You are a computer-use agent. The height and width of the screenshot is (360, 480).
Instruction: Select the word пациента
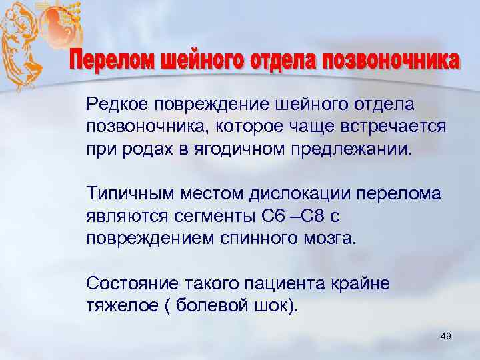287,284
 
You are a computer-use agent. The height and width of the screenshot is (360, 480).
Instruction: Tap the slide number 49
446,338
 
